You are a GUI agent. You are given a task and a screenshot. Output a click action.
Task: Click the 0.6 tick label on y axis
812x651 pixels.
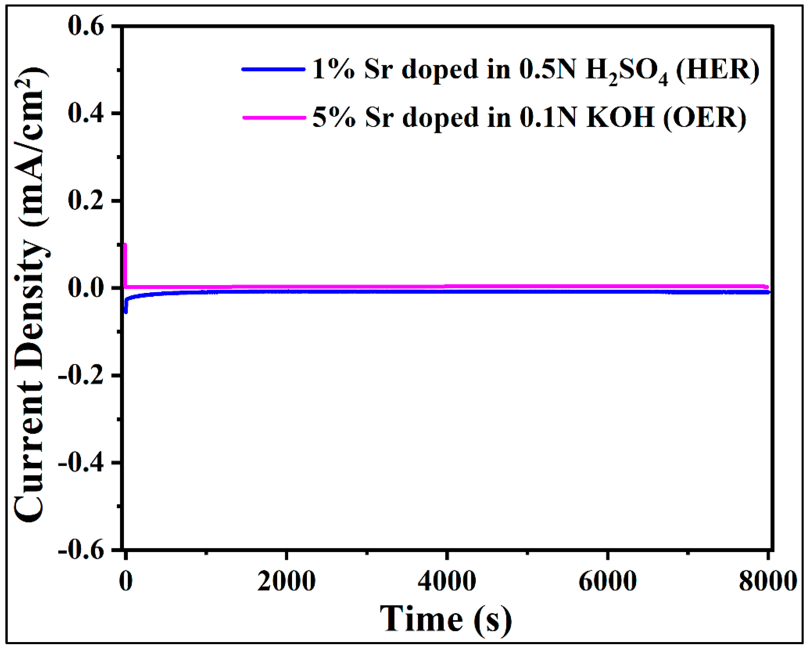click(x=86, y=27)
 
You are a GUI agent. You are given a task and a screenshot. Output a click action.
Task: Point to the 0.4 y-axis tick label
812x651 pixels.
click(x=86, y=114)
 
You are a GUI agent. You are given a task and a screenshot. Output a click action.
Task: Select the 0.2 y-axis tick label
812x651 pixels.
click(x=86, y=201)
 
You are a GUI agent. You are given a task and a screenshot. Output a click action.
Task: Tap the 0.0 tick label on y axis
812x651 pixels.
click(x=86, y=288)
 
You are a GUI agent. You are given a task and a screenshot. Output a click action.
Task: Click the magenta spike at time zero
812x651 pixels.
click(x=125, y=264)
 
